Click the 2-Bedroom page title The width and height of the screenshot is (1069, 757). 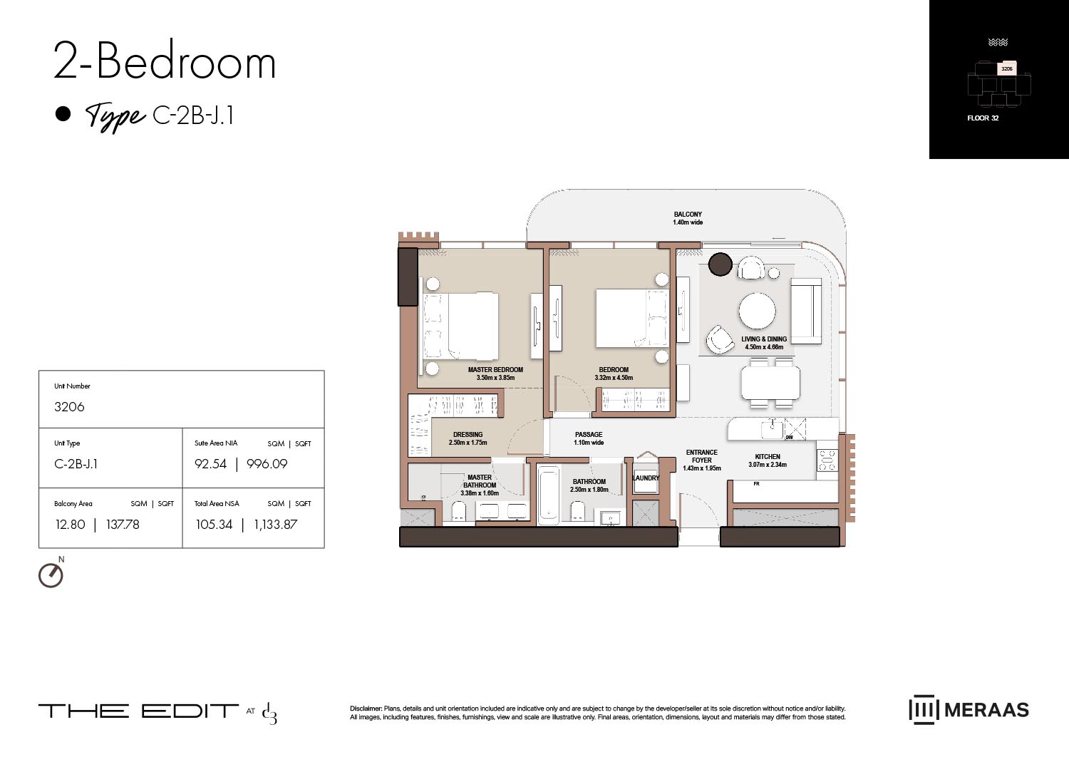165,62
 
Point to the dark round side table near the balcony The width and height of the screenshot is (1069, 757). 721,264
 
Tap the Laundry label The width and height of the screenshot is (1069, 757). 646,478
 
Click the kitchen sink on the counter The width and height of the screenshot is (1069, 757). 772,429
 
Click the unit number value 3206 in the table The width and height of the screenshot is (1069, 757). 69,407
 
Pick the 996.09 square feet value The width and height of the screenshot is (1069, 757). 267,464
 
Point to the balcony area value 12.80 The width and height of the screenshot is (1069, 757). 70,525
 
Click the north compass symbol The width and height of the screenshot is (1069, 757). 51,575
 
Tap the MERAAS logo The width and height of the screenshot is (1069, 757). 969,710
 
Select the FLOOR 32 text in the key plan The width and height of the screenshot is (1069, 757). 983,118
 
